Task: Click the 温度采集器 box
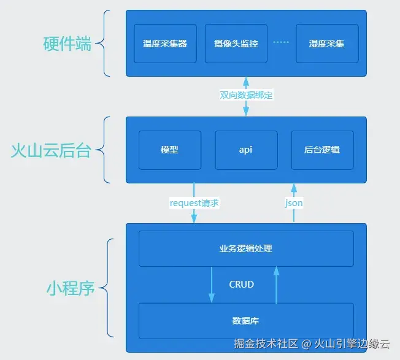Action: tap(165, 44)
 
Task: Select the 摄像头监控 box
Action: tap(236, 44)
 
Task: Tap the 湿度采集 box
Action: tap(326, 44)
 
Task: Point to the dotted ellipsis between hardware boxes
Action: tap(280, 43)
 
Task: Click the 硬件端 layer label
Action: tap(67, 44)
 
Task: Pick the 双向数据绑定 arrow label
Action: tap(246, 95)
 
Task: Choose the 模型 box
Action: tap(169, 150)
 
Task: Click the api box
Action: tap(246, 150)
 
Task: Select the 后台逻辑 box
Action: tap(322, 150)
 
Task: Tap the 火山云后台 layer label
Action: tap(51, 150)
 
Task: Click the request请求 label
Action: tap(194, 203)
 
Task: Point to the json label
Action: tap(294, 203)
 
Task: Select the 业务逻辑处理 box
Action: tap(245, 248)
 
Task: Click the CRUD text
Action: tap(241, 285)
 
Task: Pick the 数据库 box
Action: tap(245, 320)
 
